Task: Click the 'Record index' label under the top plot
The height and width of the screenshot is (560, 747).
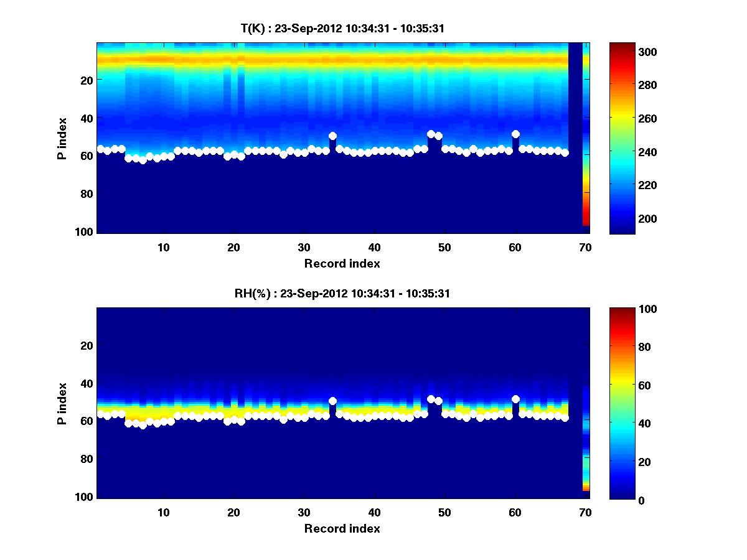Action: click(342, 263)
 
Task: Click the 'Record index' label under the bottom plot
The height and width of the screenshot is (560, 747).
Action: click(342, 528)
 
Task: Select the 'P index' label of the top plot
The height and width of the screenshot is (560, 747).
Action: click(62, 138)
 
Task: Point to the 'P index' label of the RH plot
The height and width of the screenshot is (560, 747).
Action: click(62, 403)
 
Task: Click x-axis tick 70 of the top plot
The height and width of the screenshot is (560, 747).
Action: click(585, 247)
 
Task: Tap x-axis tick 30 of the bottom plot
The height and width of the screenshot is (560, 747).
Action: click(304, 512)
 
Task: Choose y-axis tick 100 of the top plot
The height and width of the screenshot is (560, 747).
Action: click(85, 231)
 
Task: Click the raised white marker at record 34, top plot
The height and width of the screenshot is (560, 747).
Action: click(332, 136)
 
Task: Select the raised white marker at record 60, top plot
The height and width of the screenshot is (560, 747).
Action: click(515, 134)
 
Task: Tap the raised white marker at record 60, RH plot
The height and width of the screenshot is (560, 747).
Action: click(515, 399)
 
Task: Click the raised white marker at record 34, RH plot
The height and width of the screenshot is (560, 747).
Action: click(332, 401)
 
